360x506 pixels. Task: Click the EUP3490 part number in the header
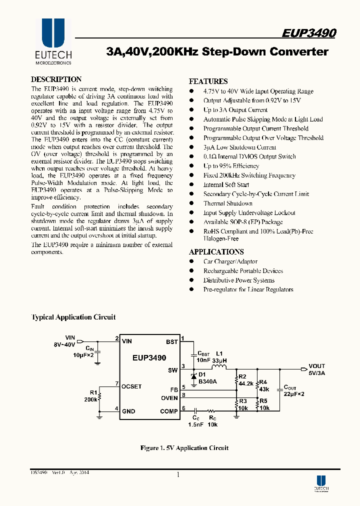308,33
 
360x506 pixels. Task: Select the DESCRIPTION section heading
56,79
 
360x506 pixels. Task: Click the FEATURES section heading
208,81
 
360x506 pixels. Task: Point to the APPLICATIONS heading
216,252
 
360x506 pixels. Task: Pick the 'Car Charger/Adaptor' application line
230,261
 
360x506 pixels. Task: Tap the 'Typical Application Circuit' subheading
73,317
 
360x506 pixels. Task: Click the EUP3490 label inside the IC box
149,358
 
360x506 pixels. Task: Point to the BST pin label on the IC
171,341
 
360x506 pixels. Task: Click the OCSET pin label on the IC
132,386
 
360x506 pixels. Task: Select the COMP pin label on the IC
169,411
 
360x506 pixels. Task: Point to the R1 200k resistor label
91,396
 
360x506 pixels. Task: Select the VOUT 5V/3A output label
316,369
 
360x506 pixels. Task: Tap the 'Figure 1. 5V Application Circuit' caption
184,448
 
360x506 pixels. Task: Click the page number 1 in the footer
178,474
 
